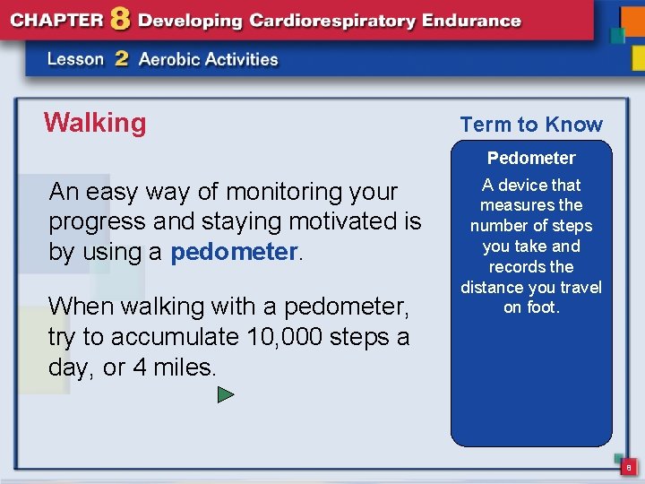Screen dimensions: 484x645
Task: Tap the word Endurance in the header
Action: coord(475,20)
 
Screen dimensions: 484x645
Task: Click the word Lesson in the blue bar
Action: coord(76,60)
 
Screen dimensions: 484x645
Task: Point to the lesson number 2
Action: coord(122,60)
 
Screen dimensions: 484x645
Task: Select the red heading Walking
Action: coord(94,123)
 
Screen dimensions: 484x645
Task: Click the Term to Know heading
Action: coord(531,125)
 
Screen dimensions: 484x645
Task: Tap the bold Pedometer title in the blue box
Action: coord(531,159)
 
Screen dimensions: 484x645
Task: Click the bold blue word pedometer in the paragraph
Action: coord(233,253)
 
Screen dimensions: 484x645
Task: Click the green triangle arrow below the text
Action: coord(226,394)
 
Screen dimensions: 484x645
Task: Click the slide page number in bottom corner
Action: coord(628,467)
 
